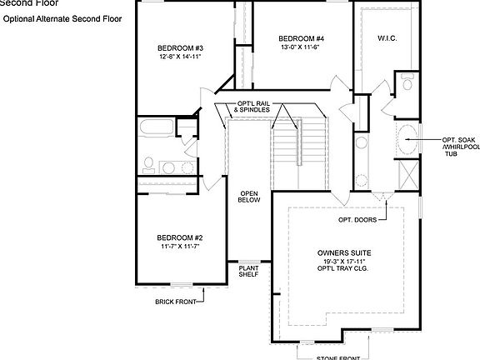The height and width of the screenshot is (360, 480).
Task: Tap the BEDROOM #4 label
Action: [x=301, y=38]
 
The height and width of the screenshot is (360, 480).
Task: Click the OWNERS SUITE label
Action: [x=344, y=252]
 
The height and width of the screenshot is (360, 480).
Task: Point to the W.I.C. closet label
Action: [x=386, y=38]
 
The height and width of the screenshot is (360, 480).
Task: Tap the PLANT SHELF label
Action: [x=249, y=271]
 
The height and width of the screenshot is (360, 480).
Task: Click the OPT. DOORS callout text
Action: [x=356, y=220]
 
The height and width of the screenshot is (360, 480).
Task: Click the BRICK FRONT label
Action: [x=177, y=302]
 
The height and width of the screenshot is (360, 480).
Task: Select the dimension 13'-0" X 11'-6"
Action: [x=301, y=47]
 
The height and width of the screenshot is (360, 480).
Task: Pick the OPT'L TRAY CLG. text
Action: [x=344, y=270]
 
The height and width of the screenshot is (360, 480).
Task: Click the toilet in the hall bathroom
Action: [x=150, y=164]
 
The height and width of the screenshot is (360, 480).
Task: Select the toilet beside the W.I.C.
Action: [x=407, y=82]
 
